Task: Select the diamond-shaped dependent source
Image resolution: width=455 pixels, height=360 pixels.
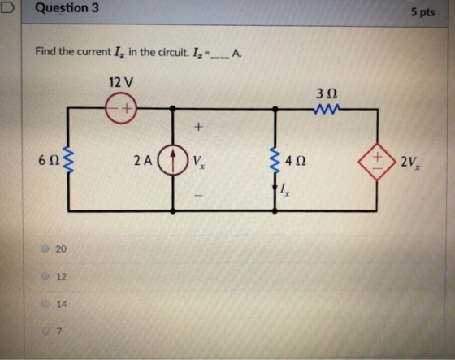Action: coord(377,162)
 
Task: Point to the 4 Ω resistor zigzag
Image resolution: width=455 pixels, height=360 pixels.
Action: coord(275,161)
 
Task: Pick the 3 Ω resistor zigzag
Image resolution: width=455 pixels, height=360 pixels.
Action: coord(326,110)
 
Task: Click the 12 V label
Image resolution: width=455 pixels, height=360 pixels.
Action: coord(121,82)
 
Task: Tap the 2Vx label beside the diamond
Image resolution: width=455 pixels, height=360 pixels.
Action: coord(410,162)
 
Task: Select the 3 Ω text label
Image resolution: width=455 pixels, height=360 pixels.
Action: coord(327,93)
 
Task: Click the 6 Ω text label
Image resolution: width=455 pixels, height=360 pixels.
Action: coord(49,160)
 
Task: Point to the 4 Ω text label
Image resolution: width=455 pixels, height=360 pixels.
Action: coord(295,161)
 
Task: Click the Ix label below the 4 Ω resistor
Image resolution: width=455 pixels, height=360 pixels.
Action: coord(284,190)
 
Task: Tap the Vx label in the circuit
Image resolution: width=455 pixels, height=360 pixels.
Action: coord(199,162)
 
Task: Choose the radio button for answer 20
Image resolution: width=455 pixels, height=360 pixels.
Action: coord(45,249)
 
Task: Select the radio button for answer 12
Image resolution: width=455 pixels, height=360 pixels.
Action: coord(45,276)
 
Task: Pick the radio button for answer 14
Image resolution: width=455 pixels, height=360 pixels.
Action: coord(45,304)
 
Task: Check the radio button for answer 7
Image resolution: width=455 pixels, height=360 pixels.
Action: coord(45,331)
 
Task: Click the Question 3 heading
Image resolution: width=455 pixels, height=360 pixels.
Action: coord(67,8)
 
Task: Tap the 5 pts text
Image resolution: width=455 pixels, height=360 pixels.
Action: coord(422,12)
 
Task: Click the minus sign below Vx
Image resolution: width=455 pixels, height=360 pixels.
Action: coord(198,196)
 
